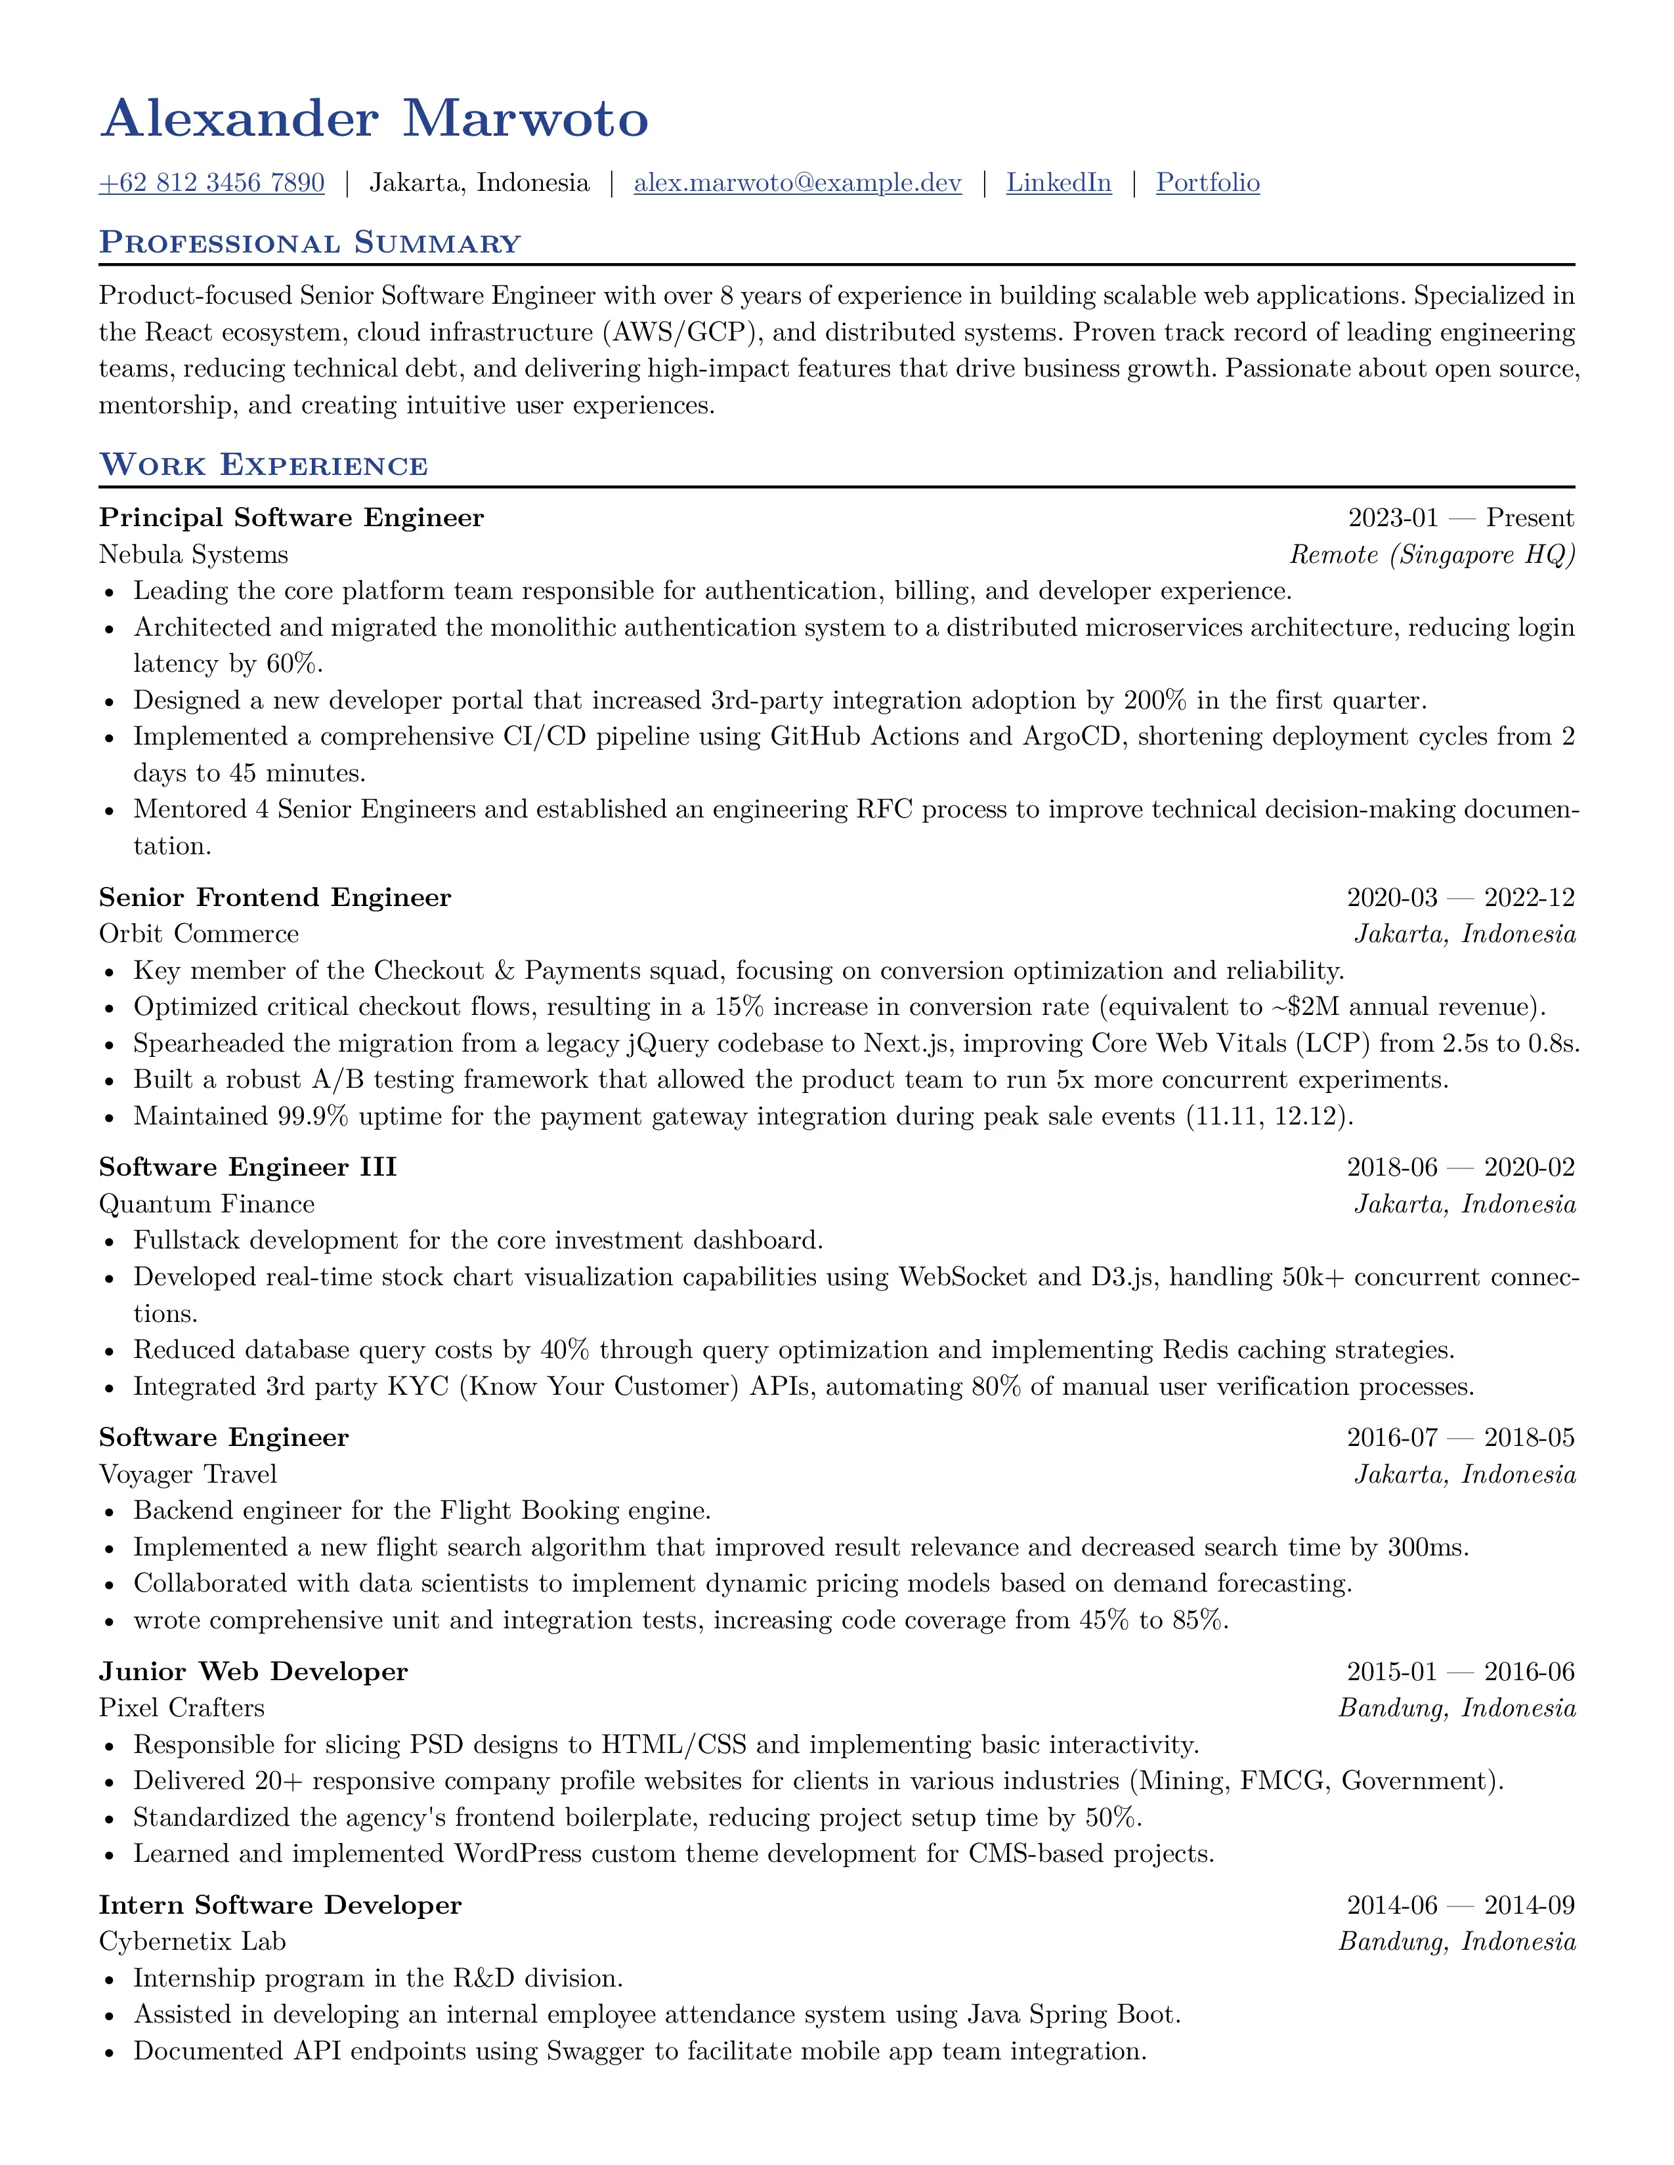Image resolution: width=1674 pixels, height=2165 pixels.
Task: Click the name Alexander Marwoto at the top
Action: [x=374, y=119]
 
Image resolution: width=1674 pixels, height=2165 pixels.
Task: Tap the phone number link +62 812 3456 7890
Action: [x=211, y=184]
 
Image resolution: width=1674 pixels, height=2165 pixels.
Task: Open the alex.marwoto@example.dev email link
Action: [x=798, y=184]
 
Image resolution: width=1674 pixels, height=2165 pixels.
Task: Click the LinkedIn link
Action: [x=1058, y=184]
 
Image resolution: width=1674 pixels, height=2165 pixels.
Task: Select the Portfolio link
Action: [x=1208, y=184]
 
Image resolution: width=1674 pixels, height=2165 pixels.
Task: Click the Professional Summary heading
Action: [x=309, y=243]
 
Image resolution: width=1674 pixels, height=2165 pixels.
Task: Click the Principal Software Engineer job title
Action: [x=291, y=518]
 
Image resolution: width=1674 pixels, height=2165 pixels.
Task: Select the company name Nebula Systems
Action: [x=194, y=555]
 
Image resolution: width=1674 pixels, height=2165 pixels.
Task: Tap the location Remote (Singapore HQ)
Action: [x=1431, y=555]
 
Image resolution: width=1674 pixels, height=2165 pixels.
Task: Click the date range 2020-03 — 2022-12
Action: [x=1460, y=898]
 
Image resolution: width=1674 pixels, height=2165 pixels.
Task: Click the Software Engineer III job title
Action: [x=248, y=1168]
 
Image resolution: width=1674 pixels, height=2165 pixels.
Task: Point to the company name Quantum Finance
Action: [x=206, y=1205]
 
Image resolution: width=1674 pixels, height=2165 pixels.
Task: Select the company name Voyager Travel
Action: [x=188, y=1475]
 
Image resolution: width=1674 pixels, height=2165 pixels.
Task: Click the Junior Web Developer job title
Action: [x=253, y=1672]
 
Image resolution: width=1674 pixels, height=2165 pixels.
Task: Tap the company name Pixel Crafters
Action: [x=181, y=1708]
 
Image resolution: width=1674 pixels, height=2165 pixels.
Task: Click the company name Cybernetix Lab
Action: [x=192, y=1942]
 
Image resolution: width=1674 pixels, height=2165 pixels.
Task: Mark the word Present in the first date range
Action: [x=1530, y=518]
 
